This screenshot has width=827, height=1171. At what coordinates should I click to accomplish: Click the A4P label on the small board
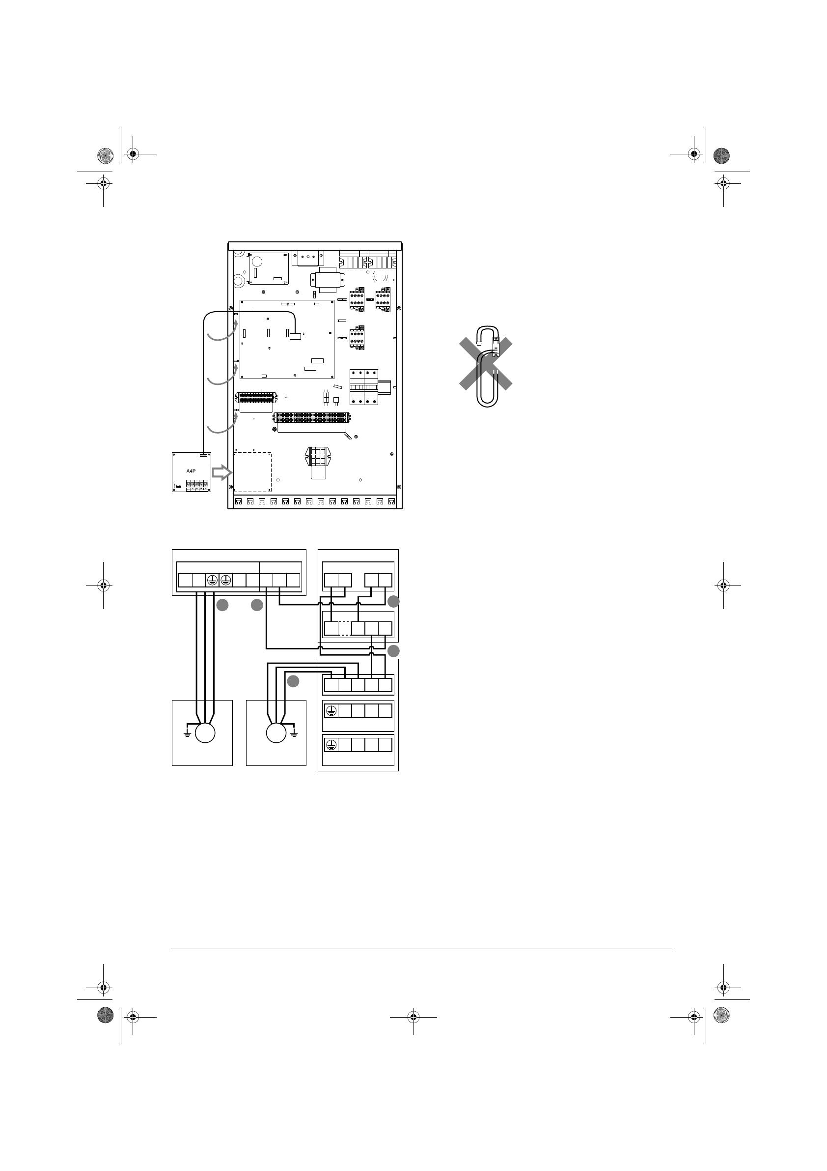[x=191, y=471]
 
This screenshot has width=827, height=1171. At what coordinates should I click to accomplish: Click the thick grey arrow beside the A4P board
[x=221, y=472]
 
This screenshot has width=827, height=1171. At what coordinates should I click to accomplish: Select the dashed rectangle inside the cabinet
[x=252, y=472]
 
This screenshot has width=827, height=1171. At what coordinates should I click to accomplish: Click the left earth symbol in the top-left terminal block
[x=212, y=580]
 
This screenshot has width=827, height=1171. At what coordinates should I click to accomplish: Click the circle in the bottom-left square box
[x=205, y=733]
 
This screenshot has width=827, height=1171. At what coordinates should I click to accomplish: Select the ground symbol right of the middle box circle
[x=294, y=732]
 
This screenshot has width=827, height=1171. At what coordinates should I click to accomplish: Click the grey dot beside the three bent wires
[x=293, y=681]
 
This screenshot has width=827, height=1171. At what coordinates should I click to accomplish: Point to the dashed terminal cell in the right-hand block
[x=345, y=628]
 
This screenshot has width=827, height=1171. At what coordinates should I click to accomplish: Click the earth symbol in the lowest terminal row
[x=331, y=745]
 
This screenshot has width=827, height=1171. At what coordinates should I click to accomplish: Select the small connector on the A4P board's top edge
[x=204, y=454]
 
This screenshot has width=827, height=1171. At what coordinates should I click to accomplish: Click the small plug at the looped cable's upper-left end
[x=478, y=343]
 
